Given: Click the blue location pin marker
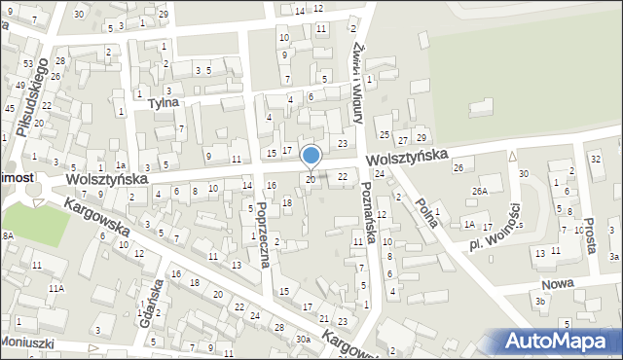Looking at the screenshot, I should point(311,156).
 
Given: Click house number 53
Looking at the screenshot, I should point(27,63).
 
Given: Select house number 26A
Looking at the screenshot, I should point(479,192).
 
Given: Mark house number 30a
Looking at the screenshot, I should point(303,339).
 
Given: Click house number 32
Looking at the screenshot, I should point(596,158).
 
